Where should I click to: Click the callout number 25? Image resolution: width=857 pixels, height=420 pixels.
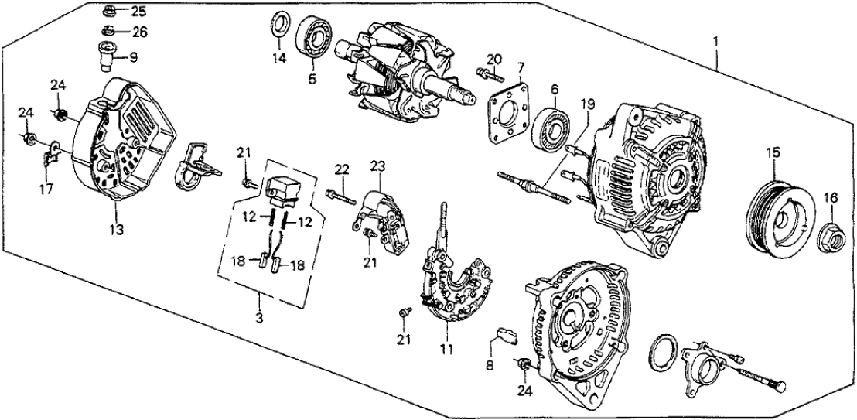(137, 12)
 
